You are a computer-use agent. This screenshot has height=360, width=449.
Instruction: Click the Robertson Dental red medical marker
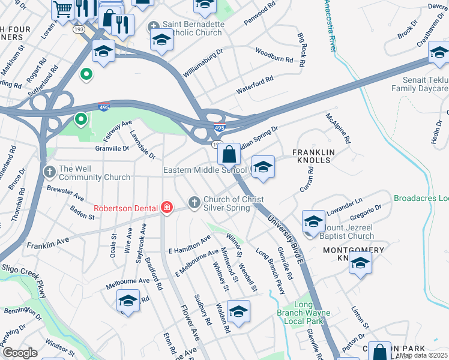pyautogui.click(x=167, y=208)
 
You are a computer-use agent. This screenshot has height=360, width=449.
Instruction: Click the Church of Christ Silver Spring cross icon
pyautogui.click(x=194, y=203)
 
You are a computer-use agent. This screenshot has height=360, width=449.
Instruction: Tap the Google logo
pyautogui.click(x=20, y=353)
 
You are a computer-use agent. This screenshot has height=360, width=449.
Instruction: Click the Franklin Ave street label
pyautogui.click(x=47, y=244)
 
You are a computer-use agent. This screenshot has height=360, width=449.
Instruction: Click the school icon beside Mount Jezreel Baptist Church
pyautogui.click(x=313, y=221)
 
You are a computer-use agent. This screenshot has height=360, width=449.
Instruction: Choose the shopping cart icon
pyautogui.click(x=62, y=9)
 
